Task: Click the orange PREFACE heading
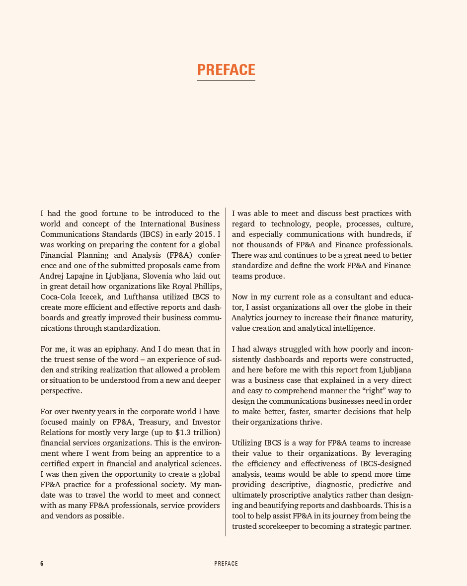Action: tap(226, 70)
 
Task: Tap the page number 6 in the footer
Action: tap(42, 564)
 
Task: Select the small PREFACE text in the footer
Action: tap(226, 564)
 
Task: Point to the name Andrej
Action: tap(52, 276)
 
